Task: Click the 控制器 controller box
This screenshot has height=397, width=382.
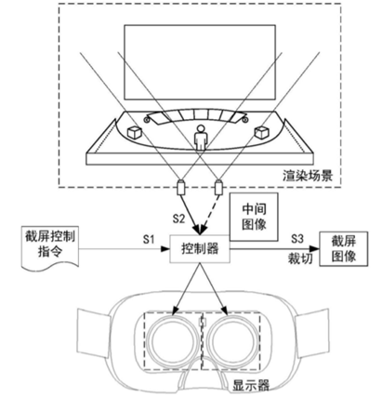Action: tap(200, 248)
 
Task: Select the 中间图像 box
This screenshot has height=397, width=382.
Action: tap(254, 217)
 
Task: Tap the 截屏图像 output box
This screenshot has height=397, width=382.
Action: tap(344, 249)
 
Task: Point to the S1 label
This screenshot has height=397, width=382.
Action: tap(149, 239)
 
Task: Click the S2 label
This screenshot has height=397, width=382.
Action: tap(178, 218)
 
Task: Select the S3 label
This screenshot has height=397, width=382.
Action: tap(296, 239)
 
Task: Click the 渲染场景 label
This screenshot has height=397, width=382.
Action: tap(308, 176)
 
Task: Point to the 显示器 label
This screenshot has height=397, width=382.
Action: tap(251, 386)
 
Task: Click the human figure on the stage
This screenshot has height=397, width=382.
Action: tap(201, 138)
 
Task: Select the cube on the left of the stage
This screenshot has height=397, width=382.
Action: tap(135, 132)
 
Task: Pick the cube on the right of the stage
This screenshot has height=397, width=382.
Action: tap(261, 132)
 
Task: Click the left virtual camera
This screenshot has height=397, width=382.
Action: tap(180, 187)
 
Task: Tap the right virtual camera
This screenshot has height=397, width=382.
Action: tap(219, 187)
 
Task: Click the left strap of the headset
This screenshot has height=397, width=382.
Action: tap(92, 331)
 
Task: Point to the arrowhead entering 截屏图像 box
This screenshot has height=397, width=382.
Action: tap(315, 248)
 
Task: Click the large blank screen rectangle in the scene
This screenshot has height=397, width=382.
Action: tap(200, 62)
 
